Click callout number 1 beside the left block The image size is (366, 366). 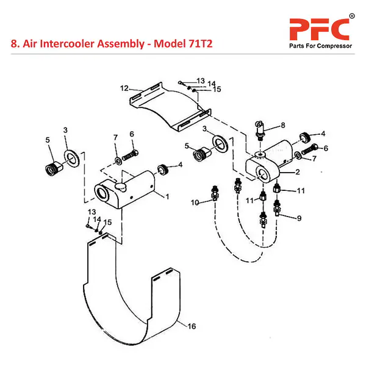(x=166, y=196)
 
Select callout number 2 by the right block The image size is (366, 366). (x=298, y=172)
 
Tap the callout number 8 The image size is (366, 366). (x=283, y=126)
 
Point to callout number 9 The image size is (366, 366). (x=300, y=217)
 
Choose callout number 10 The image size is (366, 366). (x=195, y=202)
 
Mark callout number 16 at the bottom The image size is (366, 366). (x=192, y=327)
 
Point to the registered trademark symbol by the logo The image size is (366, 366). (x=351, y=15)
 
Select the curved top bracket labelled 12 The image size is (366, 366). (x=171, y=110)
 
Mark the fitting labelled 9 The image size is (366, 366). (x=279, y=207)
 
